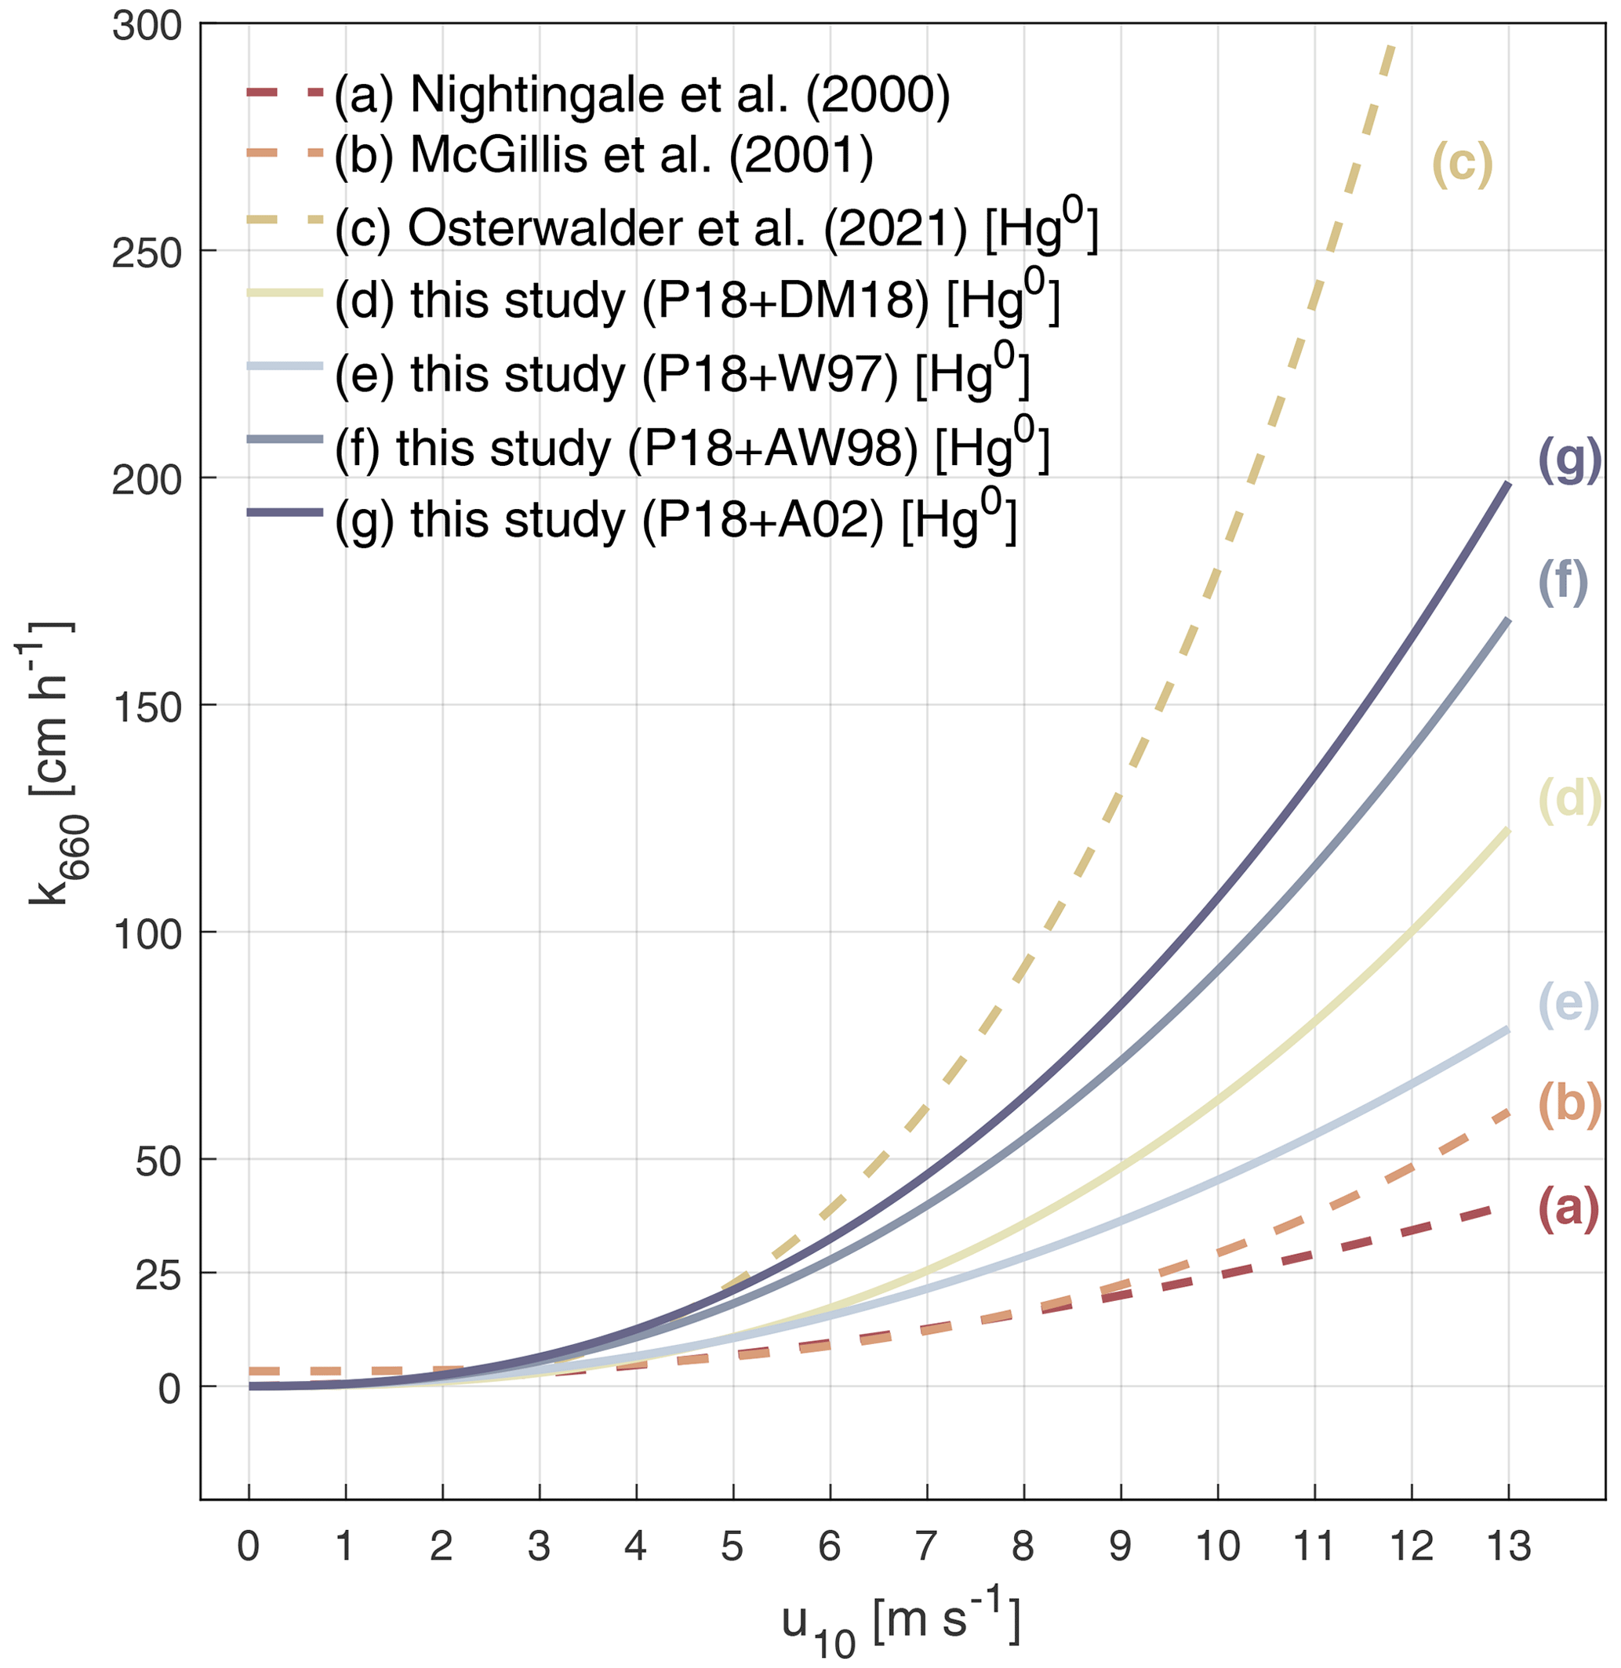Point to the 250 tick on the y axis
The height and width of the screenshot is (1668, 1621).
tap(147, 253)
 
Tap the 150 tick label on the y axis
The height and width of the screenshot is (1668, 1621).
tap(147, 707)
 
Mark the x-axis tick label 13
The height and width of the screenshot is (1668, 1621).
tap(1509, 1546)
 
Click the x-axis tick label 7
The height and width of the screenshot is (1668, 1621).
tap(926, 1546)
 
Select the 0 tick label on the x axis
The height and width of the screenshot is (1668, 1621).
tap(249, 1546)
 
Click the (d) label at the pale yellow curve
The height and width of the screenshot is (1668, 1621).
tap(1569, 801)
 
